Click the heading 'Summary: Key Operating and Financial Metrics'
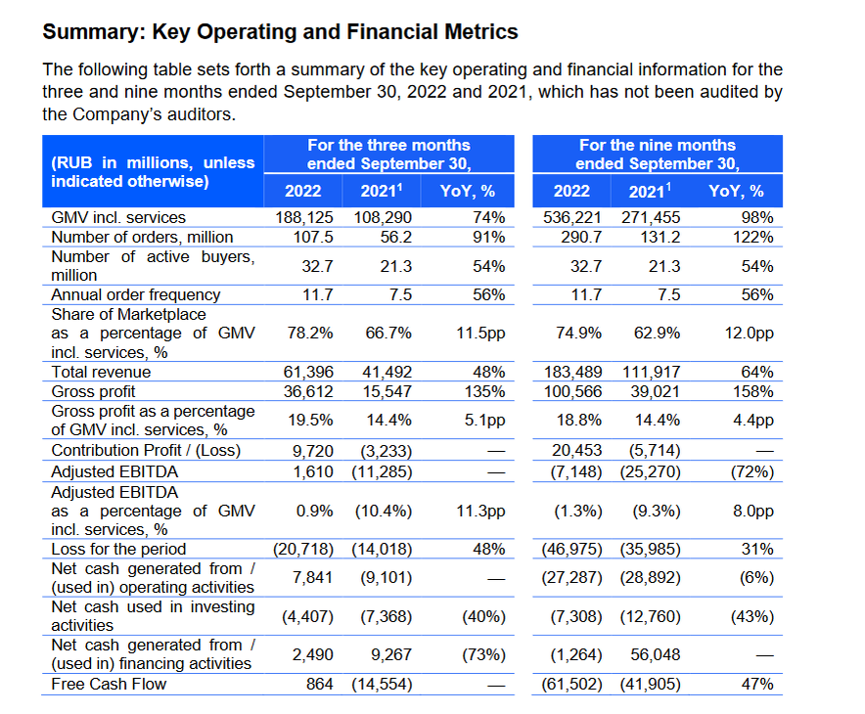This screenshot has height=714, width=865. [280, 32]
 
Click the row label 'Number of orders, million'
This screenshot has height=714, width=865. [142, 237]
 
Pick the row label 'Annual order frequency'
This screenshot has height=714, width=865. [135, 294]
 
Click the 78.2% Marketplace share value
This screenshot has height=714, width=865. [310, 333]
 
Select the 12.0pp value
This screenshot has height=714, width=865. [750, 333]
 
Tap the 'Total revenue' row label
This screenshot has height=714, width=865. [101, 372]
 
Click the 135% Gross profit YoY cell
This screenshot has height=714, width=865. [487, 391]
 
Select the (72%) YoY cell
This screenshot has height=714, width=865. [752, 471]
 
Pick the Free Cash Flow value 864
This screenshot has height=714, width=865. [319, 684]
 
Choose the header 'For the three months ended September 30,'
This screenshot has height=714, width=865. [388, 155]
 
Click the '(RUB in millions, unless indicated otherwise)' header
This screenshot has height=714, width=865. [152, 172]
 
